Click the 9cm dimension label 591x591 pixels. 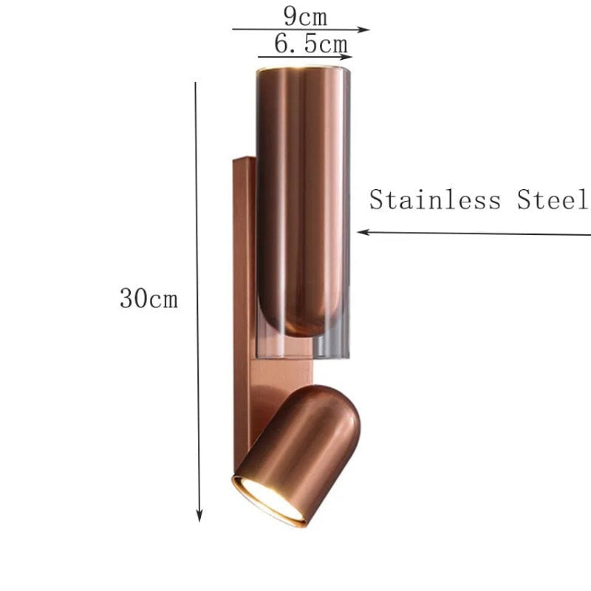[305, 16]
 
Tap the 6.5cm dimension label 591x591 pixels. [310, 44]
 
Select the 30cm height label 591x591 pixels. [148, 299]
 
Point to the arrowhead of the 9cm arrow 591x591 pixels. [364, 30]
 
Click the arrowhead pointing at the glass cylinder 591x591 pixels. [362, 232]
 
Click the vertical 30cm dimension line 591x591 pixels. [197, 295]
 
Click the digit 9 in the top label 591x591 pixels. [289, 16]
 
